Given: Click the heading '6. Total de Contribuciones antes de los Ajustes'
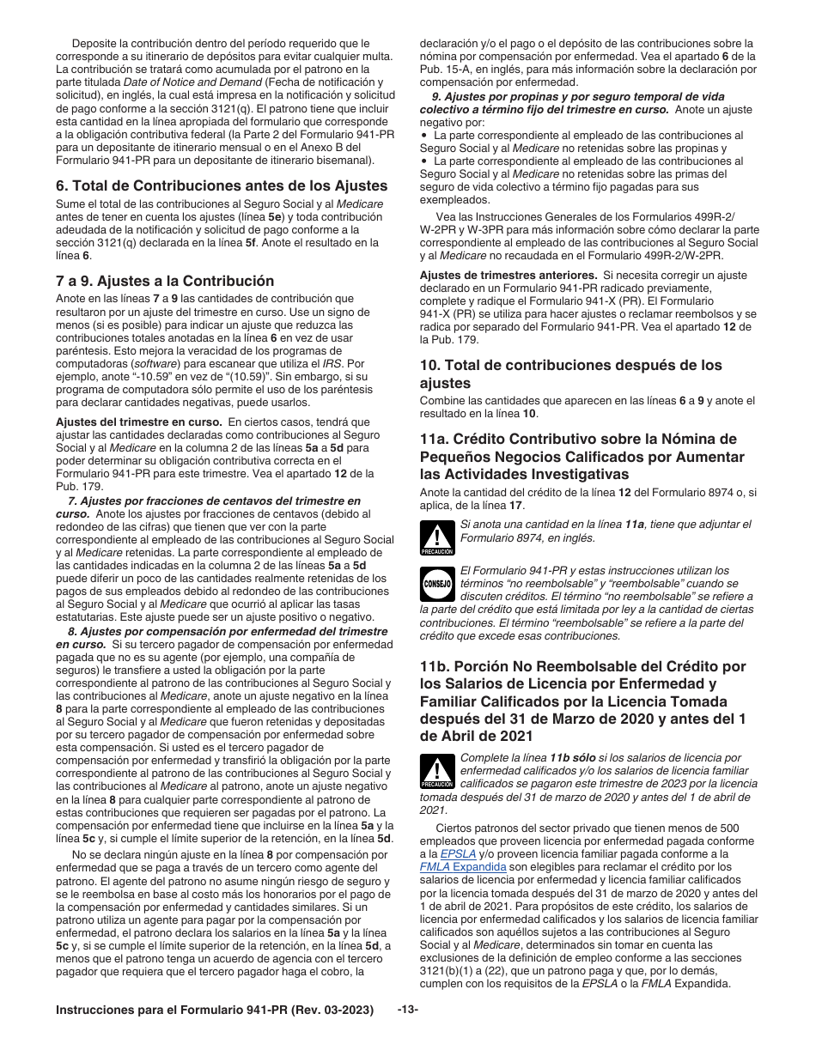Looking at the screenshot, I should [222, 185].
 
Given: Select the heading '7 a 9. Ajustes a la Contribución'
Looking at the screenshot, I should [165, 281].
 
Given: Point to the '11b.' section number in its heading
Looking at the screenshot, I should [436, 666].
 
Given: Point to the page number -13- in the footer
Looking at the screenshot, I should [408, 1010].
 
